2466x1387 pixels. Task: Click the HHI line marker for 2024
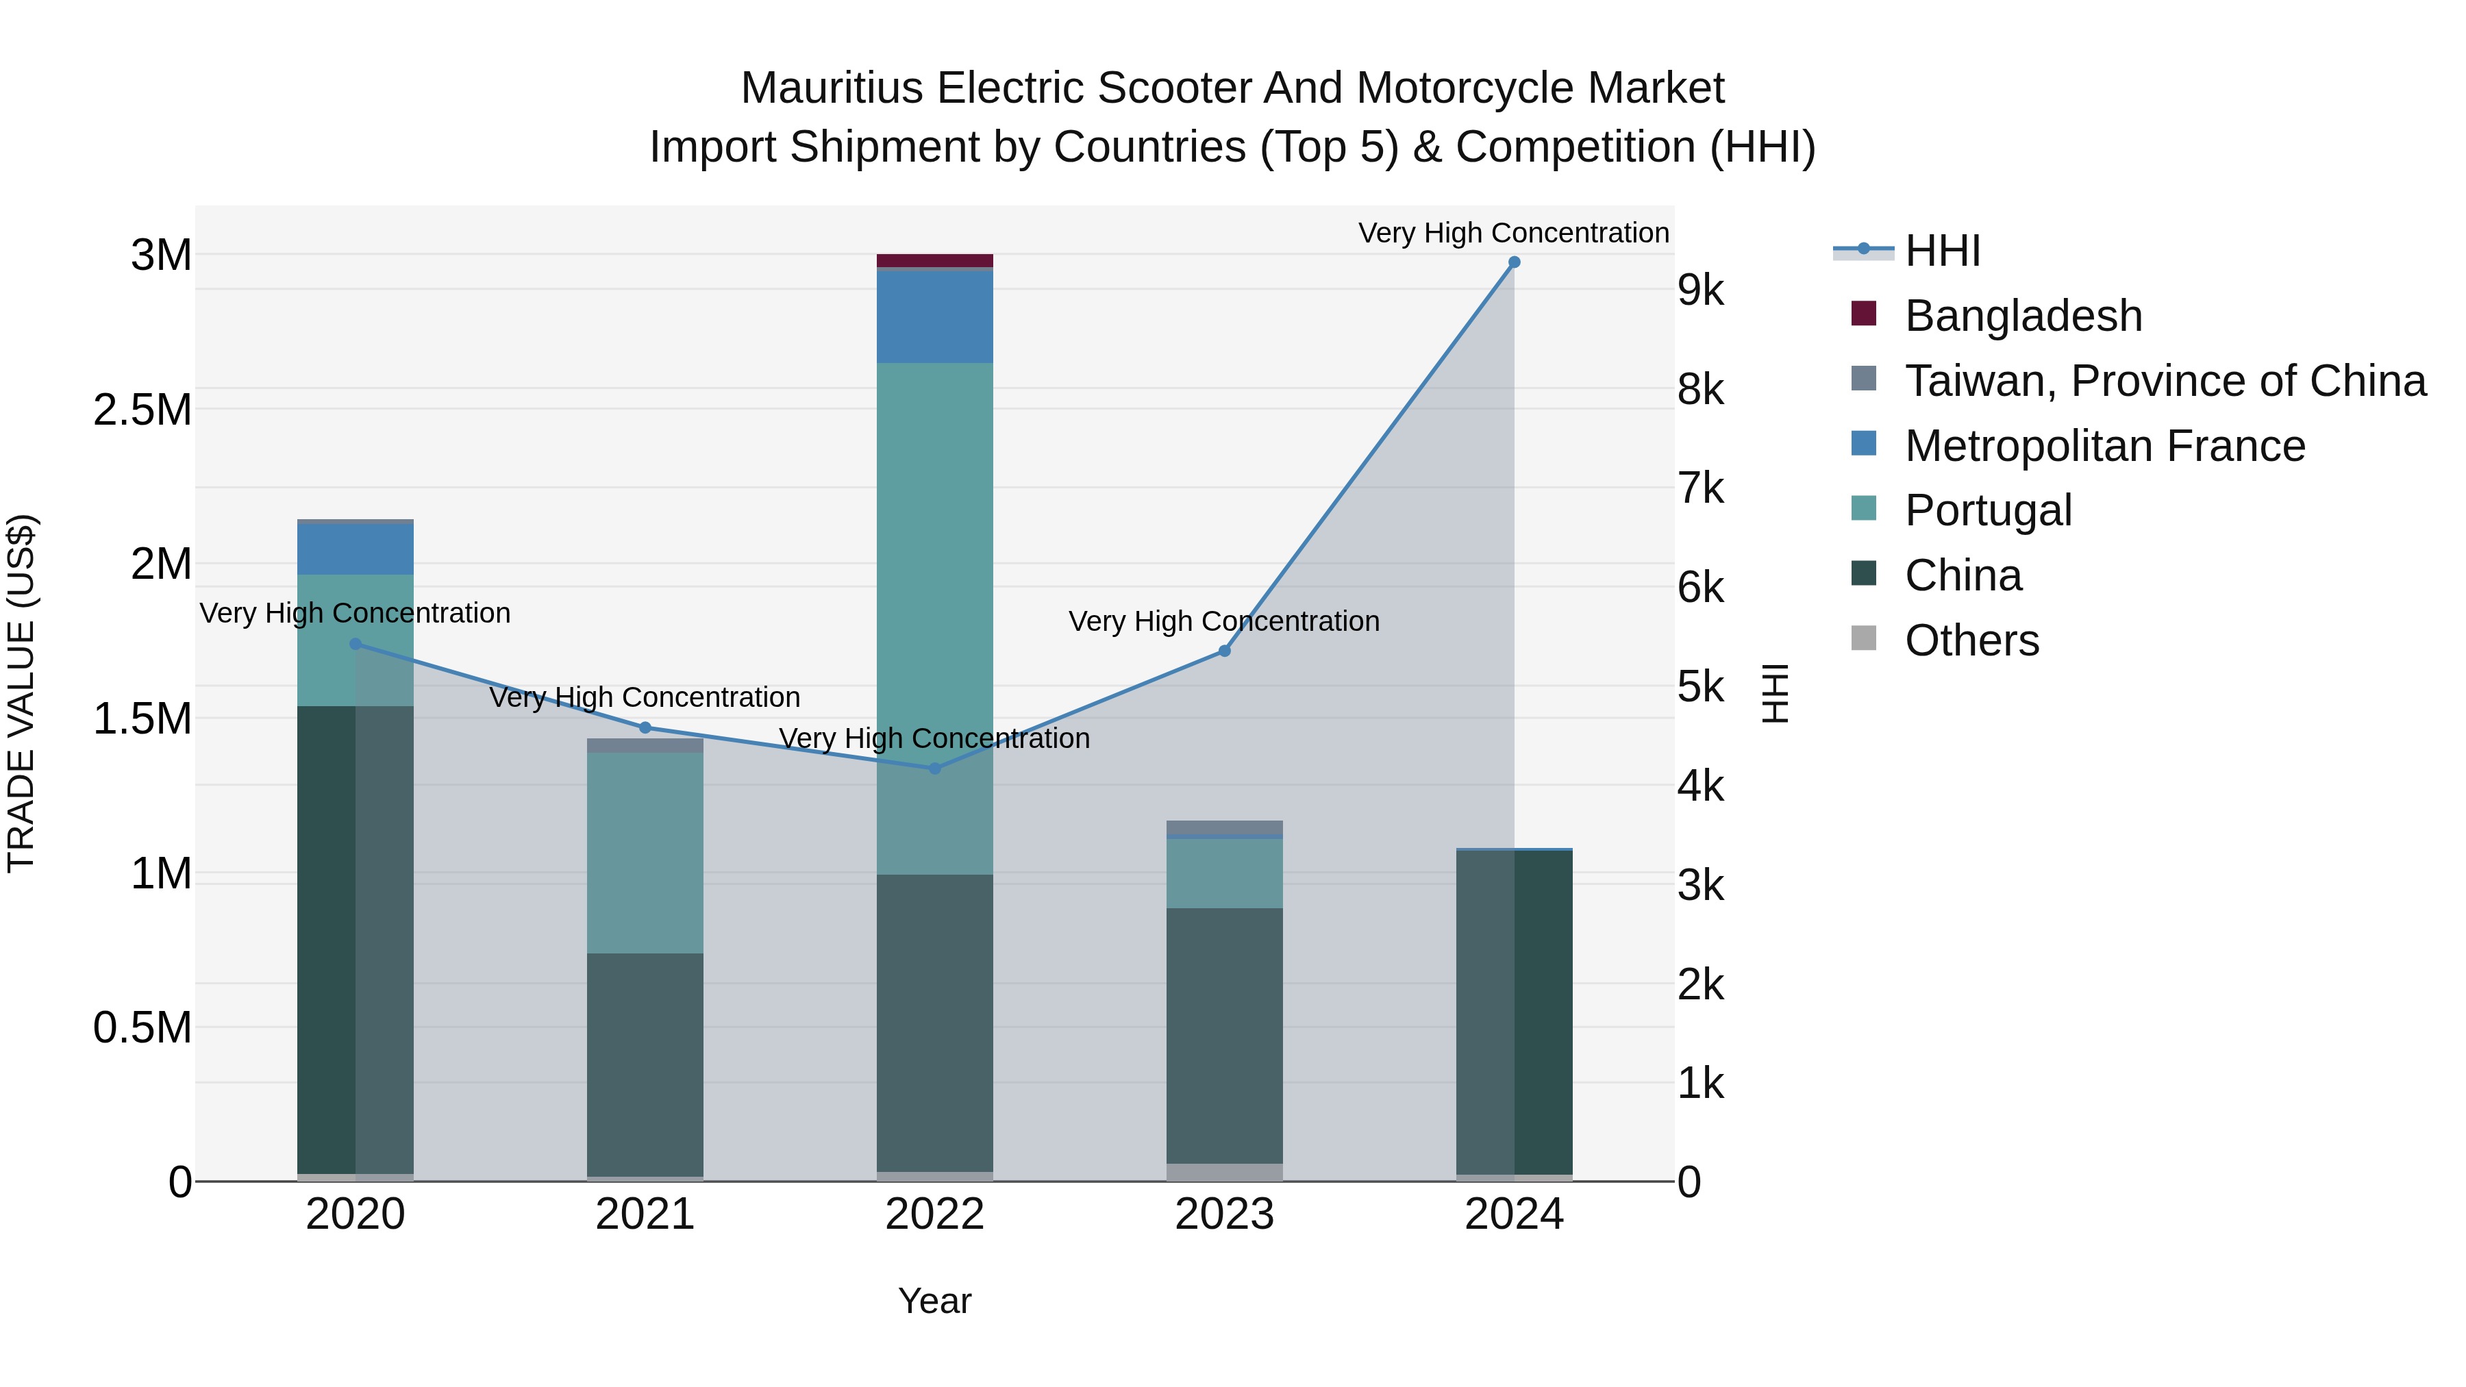(x=1513, y=262)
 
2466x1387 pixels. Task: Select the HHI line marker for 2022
(x=935, y=768)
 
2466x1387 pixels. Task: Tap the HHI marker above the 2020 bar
(x=355, y=645)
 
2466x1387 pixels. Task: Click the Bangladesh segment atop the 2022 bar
(x=934, y=260)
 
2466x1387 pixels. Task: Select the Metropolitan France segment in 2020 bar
(x=355, y=549)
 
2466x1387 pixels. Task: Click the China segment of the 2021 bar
(x=645, y=1062)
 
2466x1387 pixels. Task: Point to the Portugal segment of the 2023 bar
(x=1224, y=873)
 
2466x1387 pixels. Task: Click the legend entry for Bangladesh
(x=2022, y=316)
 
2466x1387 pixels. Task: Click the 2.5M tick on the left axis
(x=142, y=410)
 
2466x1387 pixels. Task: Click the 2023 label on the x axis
(x=1224, y=1214)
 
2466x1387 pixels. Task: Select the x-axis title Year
(x=934, y=1301)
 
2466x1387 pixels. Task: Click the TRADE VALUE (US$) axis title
(x=21, y=693)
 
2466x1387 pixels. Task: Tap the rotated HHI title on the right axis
(x=1776, y=693)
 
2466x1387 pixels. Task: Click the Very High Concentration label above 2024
(x=1512, y=233)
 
